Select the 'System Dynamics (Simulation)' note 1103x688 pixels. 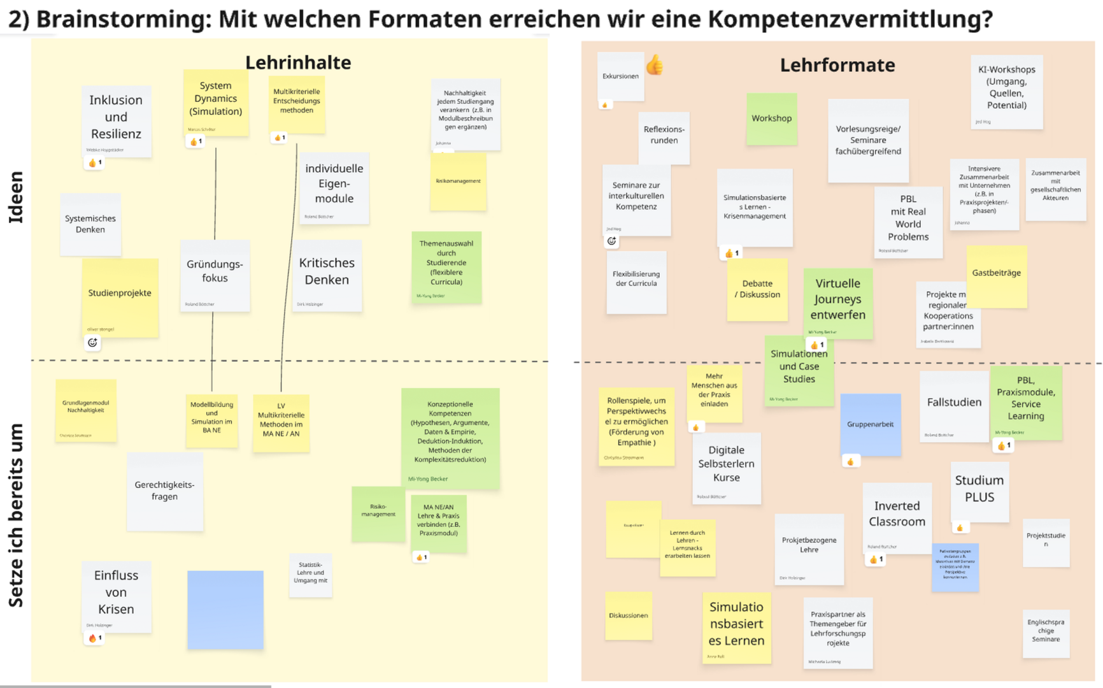(x=216, y=101)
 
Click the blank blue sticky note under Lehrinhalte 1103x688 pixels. (x=225, y=610)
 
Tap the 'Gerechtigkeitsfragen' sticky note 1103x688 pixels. (x=164, y=491)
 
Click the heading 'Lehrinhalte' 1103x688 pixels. (x=298, y=62)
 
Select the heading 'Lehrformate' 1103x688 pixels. (x=837, y=65)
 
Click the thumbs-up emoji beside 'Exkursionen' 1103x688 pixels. (x=655, y=65)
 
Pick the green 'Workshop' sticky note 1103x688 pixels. (x=771, y=119)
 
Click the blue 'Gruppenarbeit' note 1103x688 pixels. (x=870, y=424)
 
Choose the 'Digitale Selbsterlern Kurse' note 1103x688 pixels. (x=726, y=467)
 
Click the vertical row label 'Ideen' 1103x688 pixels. (x=15, y=197)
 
